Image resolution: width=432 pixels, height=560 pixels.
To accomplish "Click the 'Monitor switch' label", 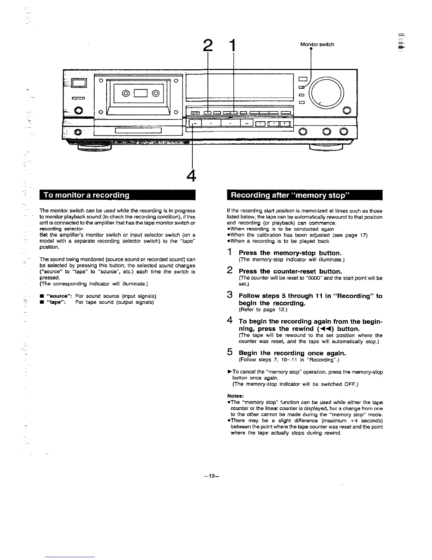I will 317,45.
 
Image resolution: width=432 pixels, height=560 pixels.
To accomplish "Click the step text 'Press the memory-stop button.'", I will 290,253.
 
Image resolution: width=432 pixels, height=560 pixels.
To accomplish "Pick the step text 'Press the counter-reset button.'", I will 290,272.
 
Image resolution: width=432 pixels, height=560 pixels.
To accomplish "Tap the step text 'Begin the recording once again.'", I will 292,353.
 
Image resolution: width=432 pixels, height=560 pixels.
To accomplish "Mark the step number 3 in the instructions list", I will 230,295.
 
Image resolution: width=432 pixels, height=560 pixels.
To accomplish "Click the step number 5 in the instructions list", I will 230,352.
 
